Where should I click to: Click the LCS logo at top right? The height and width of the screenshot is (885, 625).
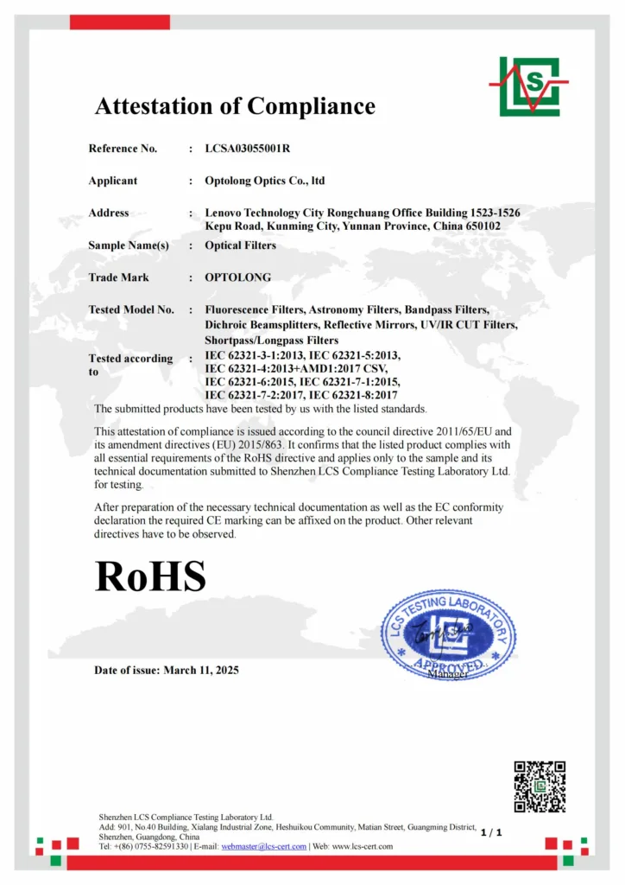(x=529, y=86)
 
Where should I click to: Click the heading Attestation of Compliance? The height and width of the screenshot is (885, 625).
(x=235, y=106)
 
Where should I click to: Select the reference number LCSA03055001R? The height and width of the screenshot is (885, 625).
(x=247, y=149)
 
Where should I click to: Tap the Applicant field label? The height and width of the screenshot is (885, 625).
(x=112, y=181)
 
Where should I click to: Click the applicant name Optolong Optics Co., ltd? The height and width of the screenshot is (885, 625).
(x=264, y=181)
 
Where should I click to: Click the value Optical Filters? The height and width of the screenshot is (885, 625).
(x=240, y=245)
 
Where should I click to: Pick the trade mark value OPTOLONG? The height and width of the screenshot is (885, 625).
(x=237, y=277)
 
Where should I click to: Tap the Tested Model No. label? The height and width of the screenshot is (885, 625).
(x=130, y=309)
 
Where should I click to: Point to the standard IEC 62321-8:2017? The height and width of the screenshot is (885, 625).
(x=350, y=395)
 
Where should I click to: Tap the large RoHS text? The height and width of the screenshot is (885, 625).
(x=150, y=576)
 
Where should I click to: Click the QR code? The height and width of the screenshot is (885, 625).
(x=540, y=786)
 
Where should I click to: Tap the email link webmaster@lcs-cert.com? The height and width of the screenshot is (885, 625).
(x=264, y=846)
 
